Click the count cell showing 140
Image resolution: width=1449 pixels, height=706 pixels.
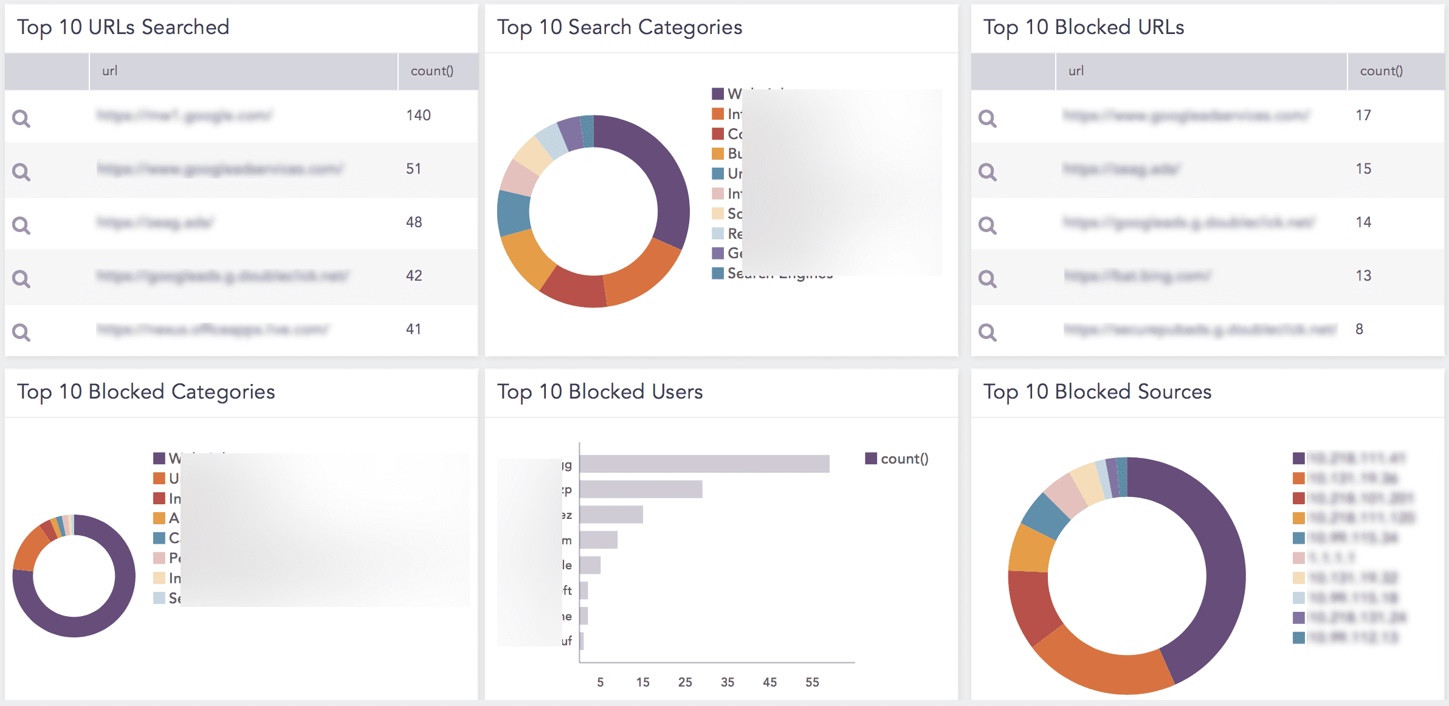[418, 115]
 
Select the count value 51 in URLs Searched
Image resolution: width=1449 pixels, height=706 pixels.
[413, 169]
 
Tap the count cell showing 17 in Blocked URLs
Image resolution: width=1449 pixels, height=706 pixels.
[1363, 115]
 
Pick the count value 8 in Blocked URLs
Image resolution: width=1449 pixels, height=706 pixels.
[1359, 329]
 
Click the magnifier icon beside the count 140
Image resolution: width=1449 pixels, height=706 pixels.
[21, 118]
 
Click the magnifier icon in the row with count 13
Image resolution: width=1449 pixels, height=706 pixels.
[987, 278]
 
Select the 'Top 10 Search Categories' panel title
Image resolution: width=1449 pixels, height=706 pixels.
[619, 27]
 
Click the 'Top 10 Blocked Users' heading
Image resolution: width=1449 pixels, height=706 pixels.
[599, 392]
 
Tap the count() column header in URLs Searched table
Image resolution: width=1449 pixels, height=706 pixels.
[432, 71]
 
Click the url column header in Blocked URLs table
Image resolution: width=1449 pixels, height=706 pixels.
[1076, 71]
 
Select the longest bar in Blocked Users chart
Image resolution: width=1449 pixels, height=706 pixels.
[704, 464]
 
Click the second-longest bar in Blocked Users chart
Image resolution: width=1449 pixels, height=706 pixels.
[641, 489]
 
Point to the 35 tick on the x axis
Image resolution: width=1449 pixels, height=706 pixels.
[727, 682]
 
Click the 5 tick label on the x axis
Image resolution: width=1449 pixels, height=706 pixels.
[600, 682]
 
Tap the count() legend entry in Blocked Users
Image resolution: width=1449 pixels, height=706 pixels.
[897, 459]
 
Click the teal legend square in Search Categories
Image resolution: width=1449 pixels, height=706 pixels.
[718, 273]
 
